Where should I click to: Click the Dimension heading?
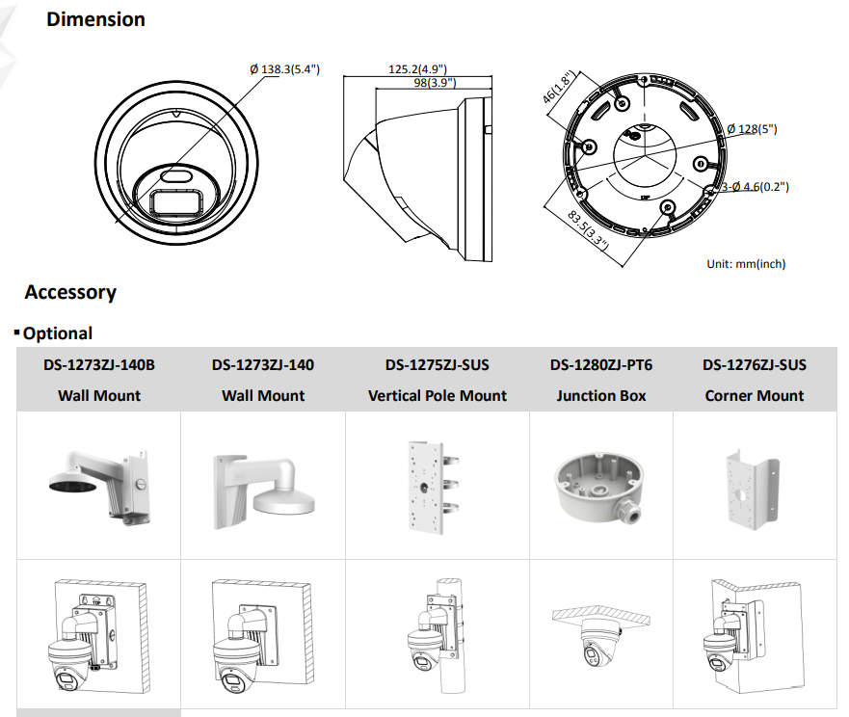(x=95, y=19)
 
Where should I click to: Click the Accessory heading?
(x=70, y=292)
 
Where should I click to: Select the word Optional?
(x=58, y=333)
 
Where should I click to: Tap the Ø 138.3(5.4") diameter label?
(x=284, y=69)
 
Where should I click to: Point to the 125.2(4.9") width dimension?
(x=417, y=69)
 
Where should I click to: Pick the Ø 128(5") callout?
(x=752, y=128)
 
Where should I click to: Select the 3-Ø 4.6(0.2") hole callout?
(x=756, y=187)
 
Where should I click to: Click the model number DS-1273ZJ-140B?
(x=99, y=365)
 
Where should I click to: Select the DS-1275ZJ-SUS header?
(x=437, y=365)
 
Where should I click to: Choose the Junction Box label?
(x=600, y=395)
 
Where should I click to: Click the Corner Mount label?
(x=755, y=395)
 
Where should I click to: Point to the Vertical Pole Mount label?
(x=437, y=395)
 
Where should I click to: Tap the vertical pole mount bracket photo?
(x=430, y=487)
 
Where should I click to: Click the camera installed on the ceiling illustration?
(x=594, y=637)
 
